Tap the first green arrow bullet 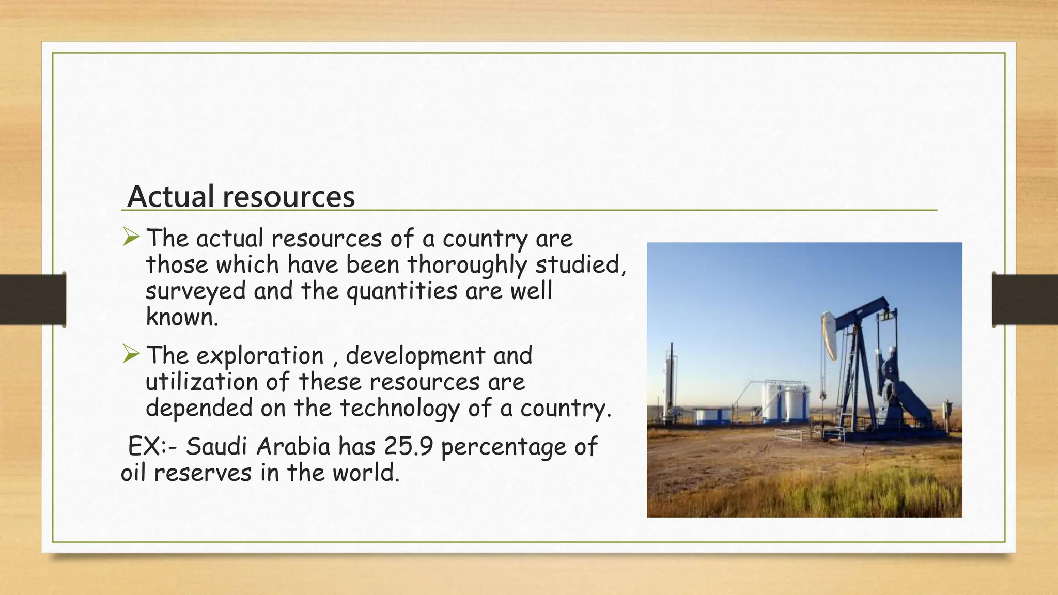[131, 237]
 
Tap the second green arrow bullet [131, 354]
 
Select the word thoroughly [467, 265]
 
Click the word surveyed [196, 291]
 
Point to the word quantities [402, 291]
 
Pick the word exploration [260, 356]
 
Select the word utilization [201, 382]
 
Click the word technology [399, 409]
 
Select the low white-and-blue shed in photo [712, 416]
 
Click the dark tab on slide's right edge [1025, 300]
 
